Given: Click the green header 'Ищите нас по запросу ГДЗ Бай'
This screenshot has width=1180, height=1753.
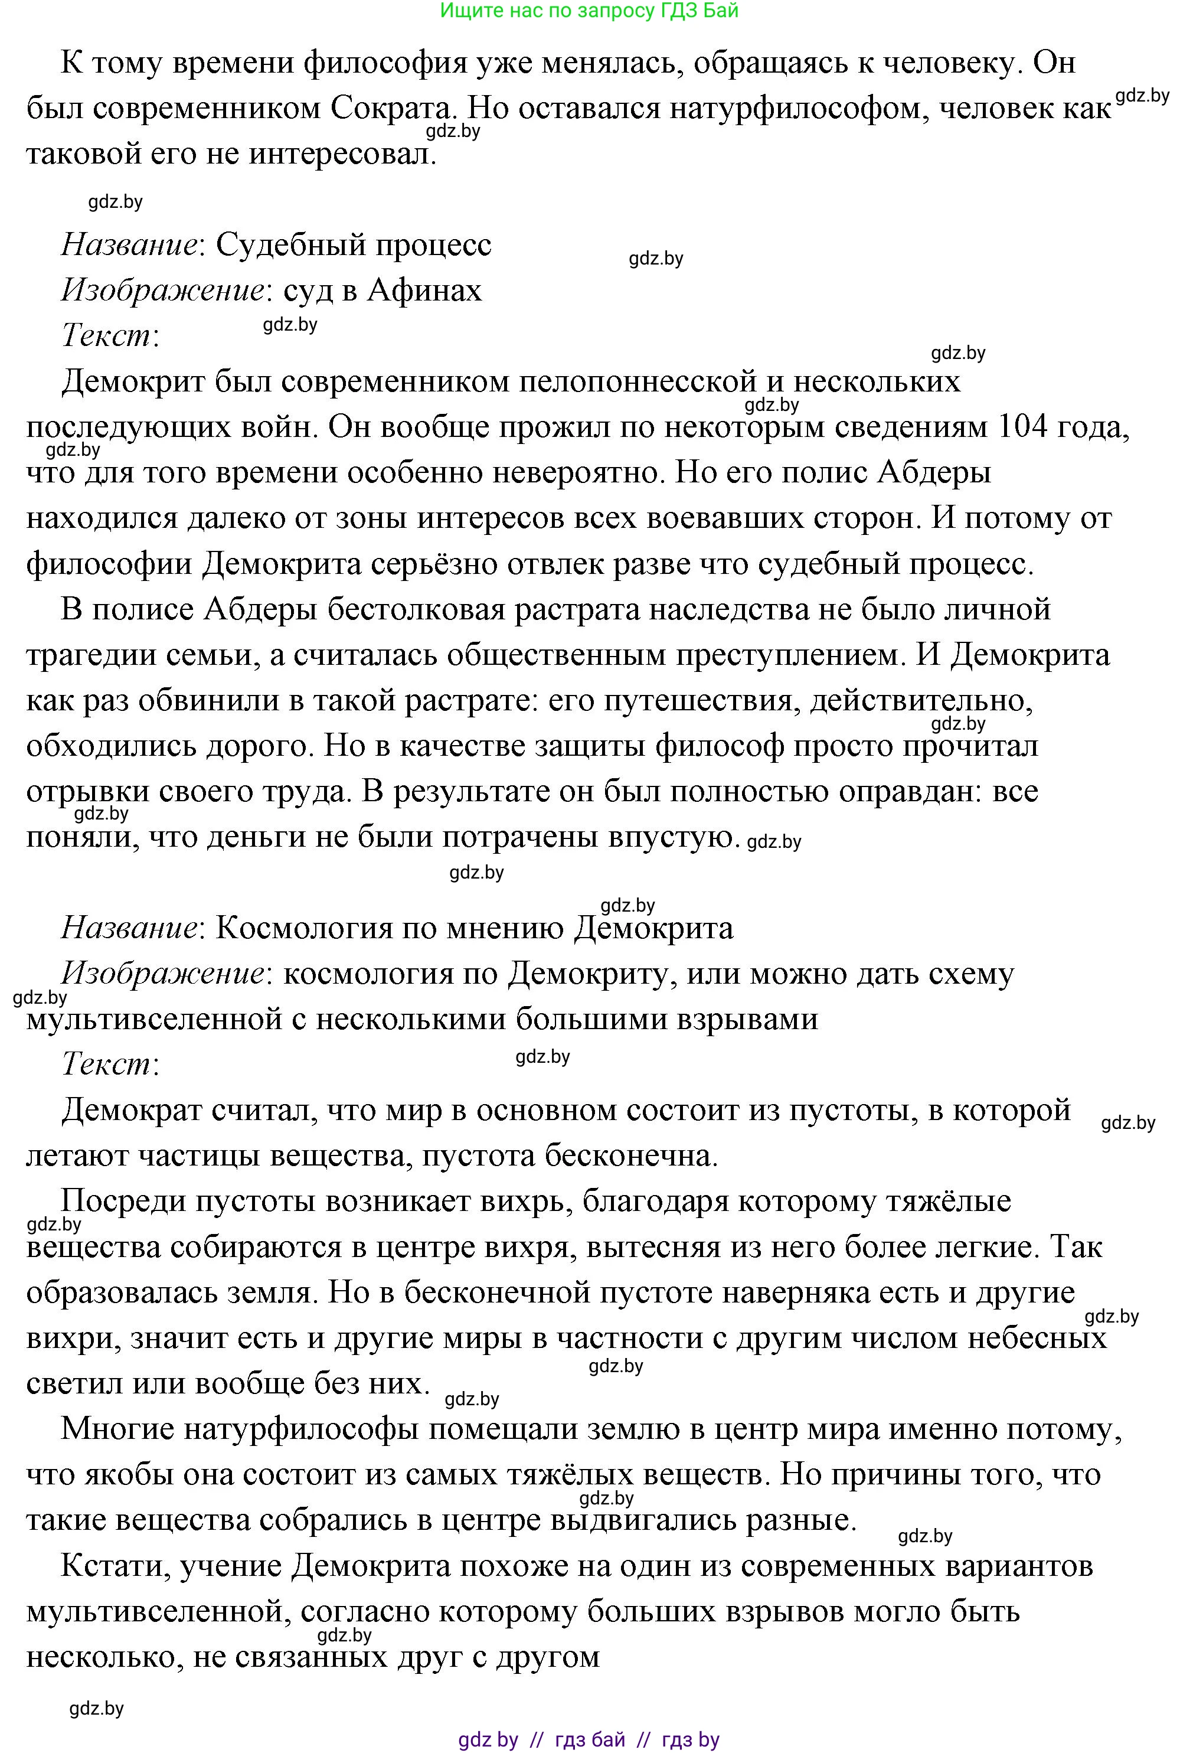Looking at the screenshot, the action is [x=589, y=11].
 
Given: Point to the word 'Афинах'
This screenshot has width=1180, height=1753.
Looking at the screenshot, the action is [x=424, y=290].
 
